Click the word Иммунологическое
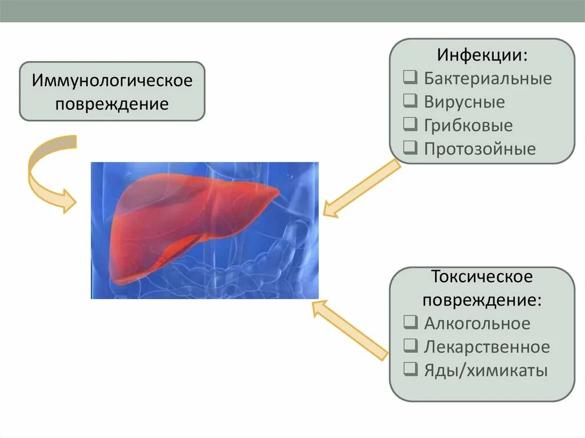point(112,81)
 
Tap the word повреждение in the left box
point(112,105)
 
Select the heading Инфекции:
point(482,55)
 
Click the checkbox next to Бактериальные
point(410,77)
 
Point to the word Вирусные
point(464,102)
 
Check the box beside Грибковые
point(410,124)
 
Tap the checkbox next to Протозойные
point(410,148)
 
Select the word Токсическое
point(482,277)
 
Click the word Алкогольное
point(477,324)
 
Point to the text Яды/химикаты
point(486,371)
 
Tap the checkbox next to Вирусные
point(410,101)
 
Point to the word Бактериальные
point(488,78)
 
